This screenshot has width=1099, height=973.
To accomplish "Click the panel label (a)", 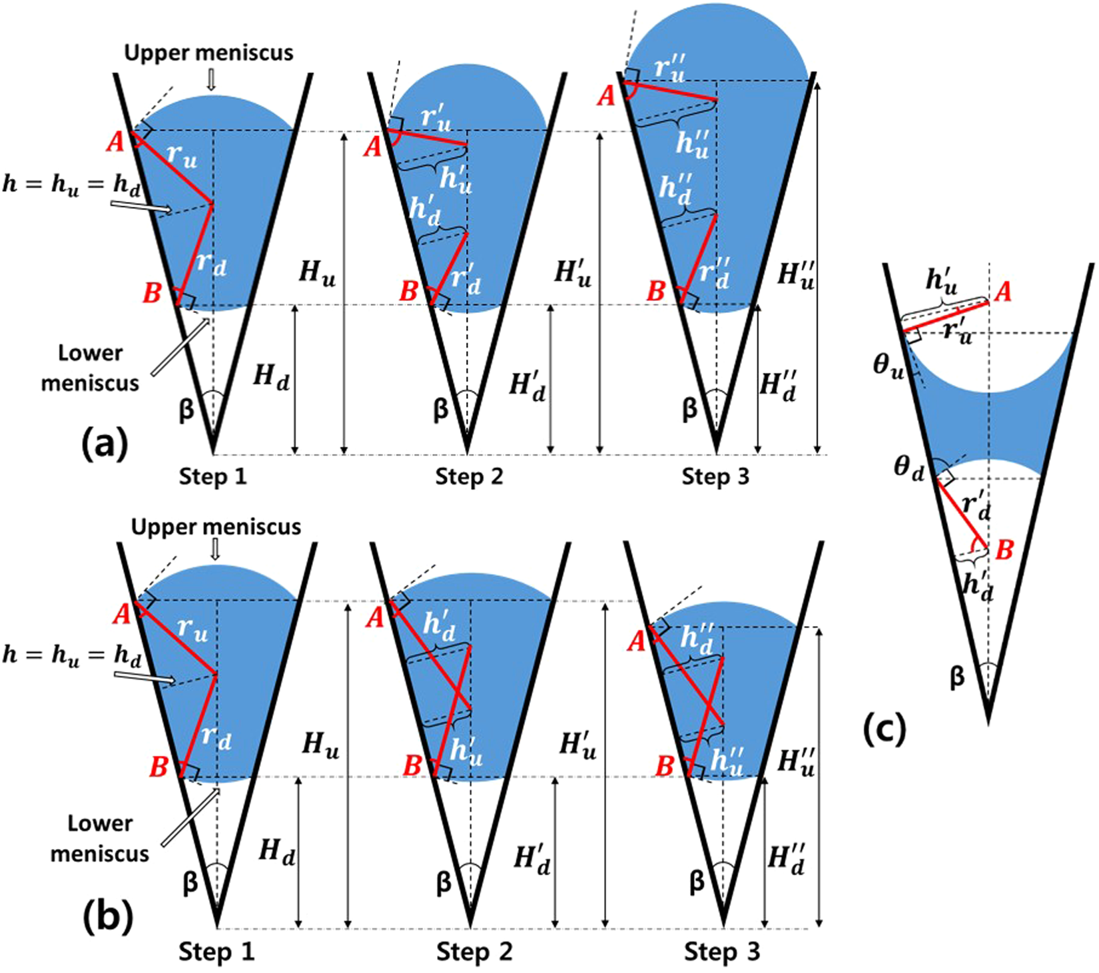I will [x=104, y=445].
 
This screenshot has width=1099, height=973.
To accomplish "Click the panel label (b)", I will [x=108, y=917].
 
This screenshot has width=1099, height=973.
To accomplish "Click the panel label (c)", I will [x=884, y=730].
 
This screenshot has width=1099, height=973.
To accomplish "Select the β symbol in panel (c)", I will [x=956, y=677].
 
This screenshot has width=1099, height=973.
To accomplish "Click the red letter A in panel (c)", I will [x=1003, y=291].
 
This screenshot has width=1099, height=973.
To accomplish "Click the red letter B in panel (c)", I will [x=1004, y=550].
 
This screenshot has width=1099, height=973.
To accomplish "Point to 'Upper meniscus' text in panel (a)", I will [x=208, y=53].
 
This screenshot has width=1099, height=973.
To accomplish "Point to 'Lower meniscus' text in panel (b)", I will [x=100, y=838].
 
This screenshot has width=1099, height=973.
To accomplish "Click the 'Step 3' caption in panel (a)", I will [x=715, y=477].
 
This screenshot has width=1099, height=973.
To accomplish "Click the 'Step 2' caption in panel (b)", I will [x=474, y=952].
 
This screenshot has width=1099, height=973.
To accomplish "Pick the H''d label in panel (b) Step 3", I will [x=786, y=859].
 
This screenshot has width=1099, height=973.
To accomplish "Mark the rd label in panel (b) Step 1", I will [x=216, y=737].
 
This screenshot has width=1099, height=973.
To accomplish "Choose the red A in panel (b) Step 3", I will [x=637, y=641].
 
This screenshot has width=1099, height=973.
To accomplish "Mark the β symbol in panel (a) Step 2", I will [x=440, y=408].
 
